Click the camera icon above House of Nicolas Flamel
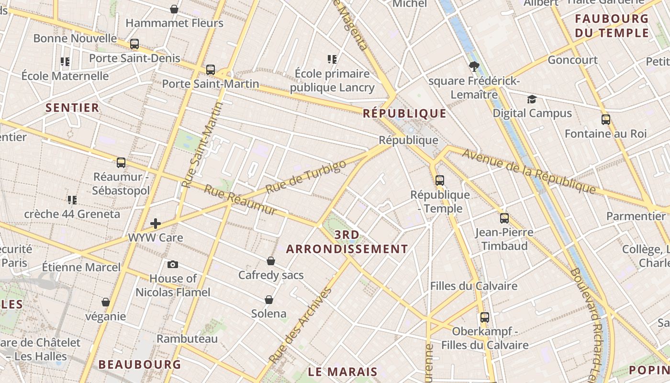(x=173, y=264)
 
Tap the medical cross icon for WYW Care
(x=156, y=224)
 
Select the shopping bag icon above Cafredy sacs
(x=271, y=261)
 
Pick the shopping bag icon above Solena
(x=269, y=300)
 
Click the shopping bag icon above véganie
(x=106, y=302)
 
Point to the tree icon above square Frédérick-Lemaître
(x=474, y=67)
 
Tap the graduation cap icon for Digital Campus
(x=532, y=99)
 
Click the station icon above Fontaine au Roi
(x=606, y=120)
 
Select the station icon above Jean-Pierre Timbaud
(x=504, y=218)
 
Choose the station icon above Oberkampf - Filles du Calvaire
(x=485, y=317)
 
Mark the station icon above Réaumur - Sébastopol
(x=121, y=163)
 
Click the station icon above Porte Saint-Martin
(x=211, y=70)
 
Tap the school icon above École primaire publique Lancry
(x=332, y=59)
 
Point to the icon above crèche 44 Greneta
(x=72, y=200)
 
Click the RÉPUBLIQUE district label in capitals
(x=404, y=113)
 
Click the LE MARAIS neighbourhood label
(x=343, y=372)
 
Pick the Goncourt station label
(x=572, y=60)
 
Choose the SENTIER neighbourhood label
(x=72, y=108)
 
